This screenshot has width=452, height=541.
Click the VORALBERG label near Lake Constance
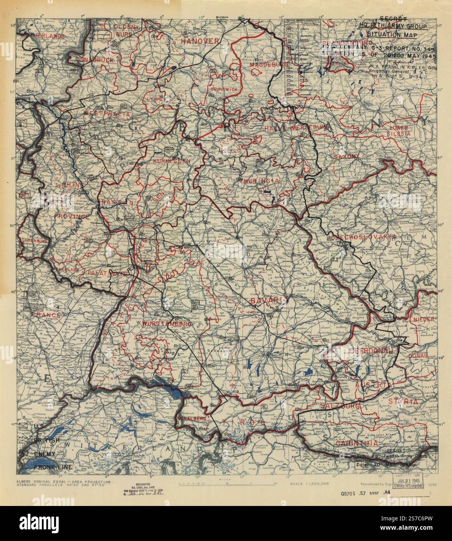191,418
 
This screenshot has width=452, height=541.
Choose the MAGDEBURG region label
266,64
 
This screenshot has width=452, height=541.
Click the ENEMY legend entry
44,454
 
